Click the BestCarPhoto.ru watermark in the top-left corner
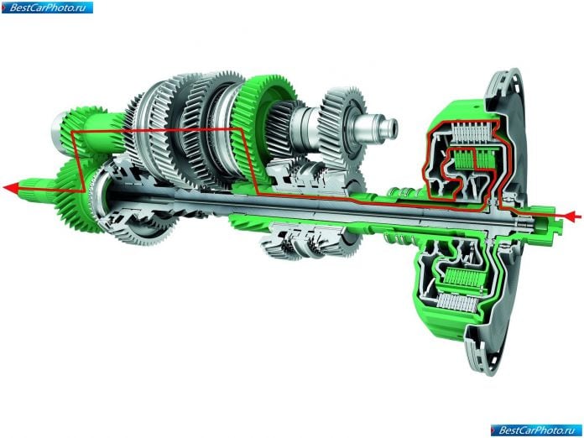point(47,8)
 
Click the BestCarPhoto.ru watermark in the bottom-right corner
point(536,430)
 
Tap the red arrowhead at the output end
point(11,187)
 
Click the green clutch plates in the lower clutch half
point(461,278)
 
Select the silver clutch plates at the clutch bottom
point(457,302)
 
